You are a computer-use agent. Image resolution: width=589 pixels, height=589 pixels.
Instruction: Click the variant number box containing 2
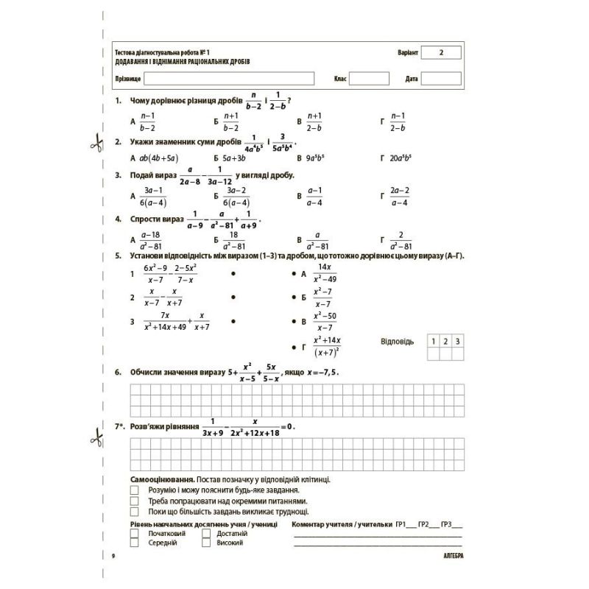tap(442, 53)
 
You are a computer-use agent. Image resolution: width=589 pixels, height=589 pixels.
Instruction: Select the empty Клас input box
tap(369, 78)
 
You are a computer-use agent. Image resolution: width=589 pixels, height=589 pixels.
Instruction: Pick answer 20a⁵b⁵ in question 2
tap(403, 158)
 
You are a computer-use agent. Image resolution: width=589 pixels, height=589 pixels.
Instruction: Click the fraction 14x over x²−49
tap(325, 273)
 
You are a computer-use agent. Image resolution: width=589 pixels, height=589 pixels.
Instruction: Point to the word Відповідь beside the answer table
tap(398, 342)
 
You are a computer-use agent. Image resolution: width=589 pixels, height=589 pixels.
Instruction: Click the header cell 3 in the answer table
tap(457, 341)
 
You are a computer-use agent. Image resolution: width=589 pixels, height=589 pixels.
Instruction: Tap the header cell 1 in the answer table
tap(434, 341)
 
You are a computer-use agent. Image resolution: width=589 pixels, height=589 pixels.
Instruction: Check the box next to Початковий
tap(134, 533)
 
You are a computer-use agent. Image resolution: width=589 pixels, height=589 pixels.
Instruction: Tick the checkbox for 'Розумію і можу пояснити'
tap(134, 490)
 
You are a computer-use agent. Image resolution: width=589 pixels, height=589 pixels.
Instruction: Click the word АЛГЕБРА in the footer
tap(448, 555)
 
